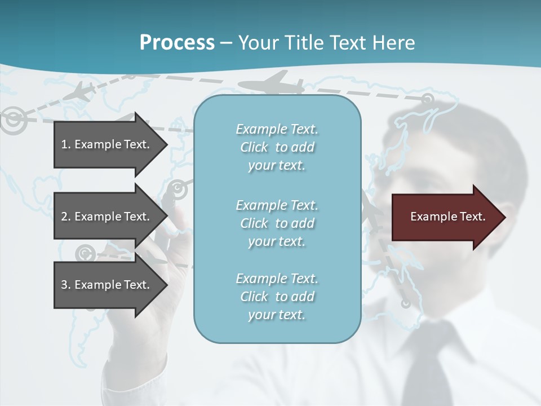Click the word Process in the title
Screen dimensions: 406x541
[x=177, y=43]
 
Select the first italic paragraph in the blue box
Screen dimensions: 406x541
[x=277, y=147]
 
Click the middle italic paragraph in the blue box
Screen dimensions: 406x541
[x=277, y=223]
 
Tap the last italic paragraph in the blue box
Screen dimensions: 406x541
[x=277, y=297]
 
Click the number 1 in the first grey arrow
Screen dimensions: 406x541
[x=64, y=144]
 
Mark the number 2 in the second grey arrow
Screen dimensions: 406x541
[x=64, y=217]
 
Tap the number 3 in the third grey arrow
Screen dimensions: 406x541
[x=64, y=285]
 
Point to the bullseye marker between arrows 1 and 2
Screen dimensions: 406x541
[x=178, y=189]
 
